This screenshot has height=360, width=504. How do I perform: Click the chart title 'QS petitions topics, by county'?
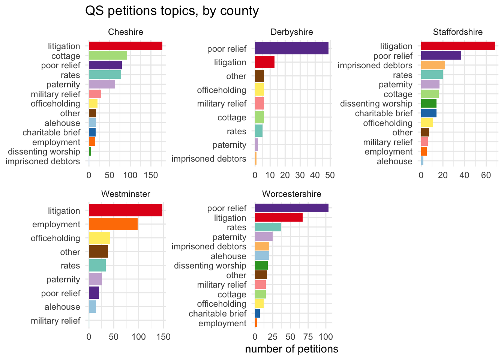(x=172, y=11)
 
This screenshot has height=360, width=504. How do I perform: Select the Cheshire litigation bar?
(x=125, y=46)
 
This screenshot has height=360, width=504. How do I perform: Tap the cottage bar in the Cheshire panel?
(x=108, y=56)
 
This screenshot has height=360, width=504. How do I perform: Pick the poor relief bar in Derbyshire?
(x=291, y=48)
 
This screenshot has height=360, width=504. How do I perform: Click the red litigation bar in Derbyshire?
(x=264, y=62)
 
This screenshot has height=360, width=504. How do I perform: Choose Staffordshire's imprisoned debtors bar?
(x=433, y=65)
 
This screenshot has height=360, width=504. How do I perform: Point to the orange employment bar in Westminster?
(x=113, y=224)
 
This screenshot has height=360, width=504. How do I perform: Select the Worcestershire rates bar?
(x=268, y=227)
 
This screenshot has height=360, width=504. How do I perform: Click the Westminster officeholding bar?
(x=99, y=238)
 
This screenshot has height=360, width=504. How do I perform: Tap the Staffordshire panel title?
(x=457, y=32)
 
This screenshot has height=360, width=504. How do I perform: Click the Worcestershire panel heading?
(x=291, y=194)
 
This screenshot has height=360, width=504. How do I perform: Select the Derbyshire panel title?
(x=291, y=32)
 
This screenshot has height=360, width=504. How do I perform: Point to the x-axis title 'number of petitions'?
(x=291, y=349)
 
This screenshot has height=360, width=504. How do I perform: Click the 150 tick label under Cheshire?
(x=151, y=175)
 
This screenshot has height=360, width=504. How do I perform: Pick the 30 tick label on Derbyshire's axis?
(x=300, y=175)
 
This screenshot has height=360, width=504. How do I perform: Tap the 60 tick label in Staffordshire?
(x=486, y=175)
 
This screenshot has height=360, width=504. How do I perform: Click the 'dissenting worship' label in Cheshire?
(x=44, y=151)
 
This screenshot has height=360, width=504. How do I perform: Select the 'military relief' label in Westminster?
(x=55, y=321)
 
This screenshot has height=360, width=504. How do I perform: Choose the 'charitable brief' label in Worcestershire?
(x=217, y=313)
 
